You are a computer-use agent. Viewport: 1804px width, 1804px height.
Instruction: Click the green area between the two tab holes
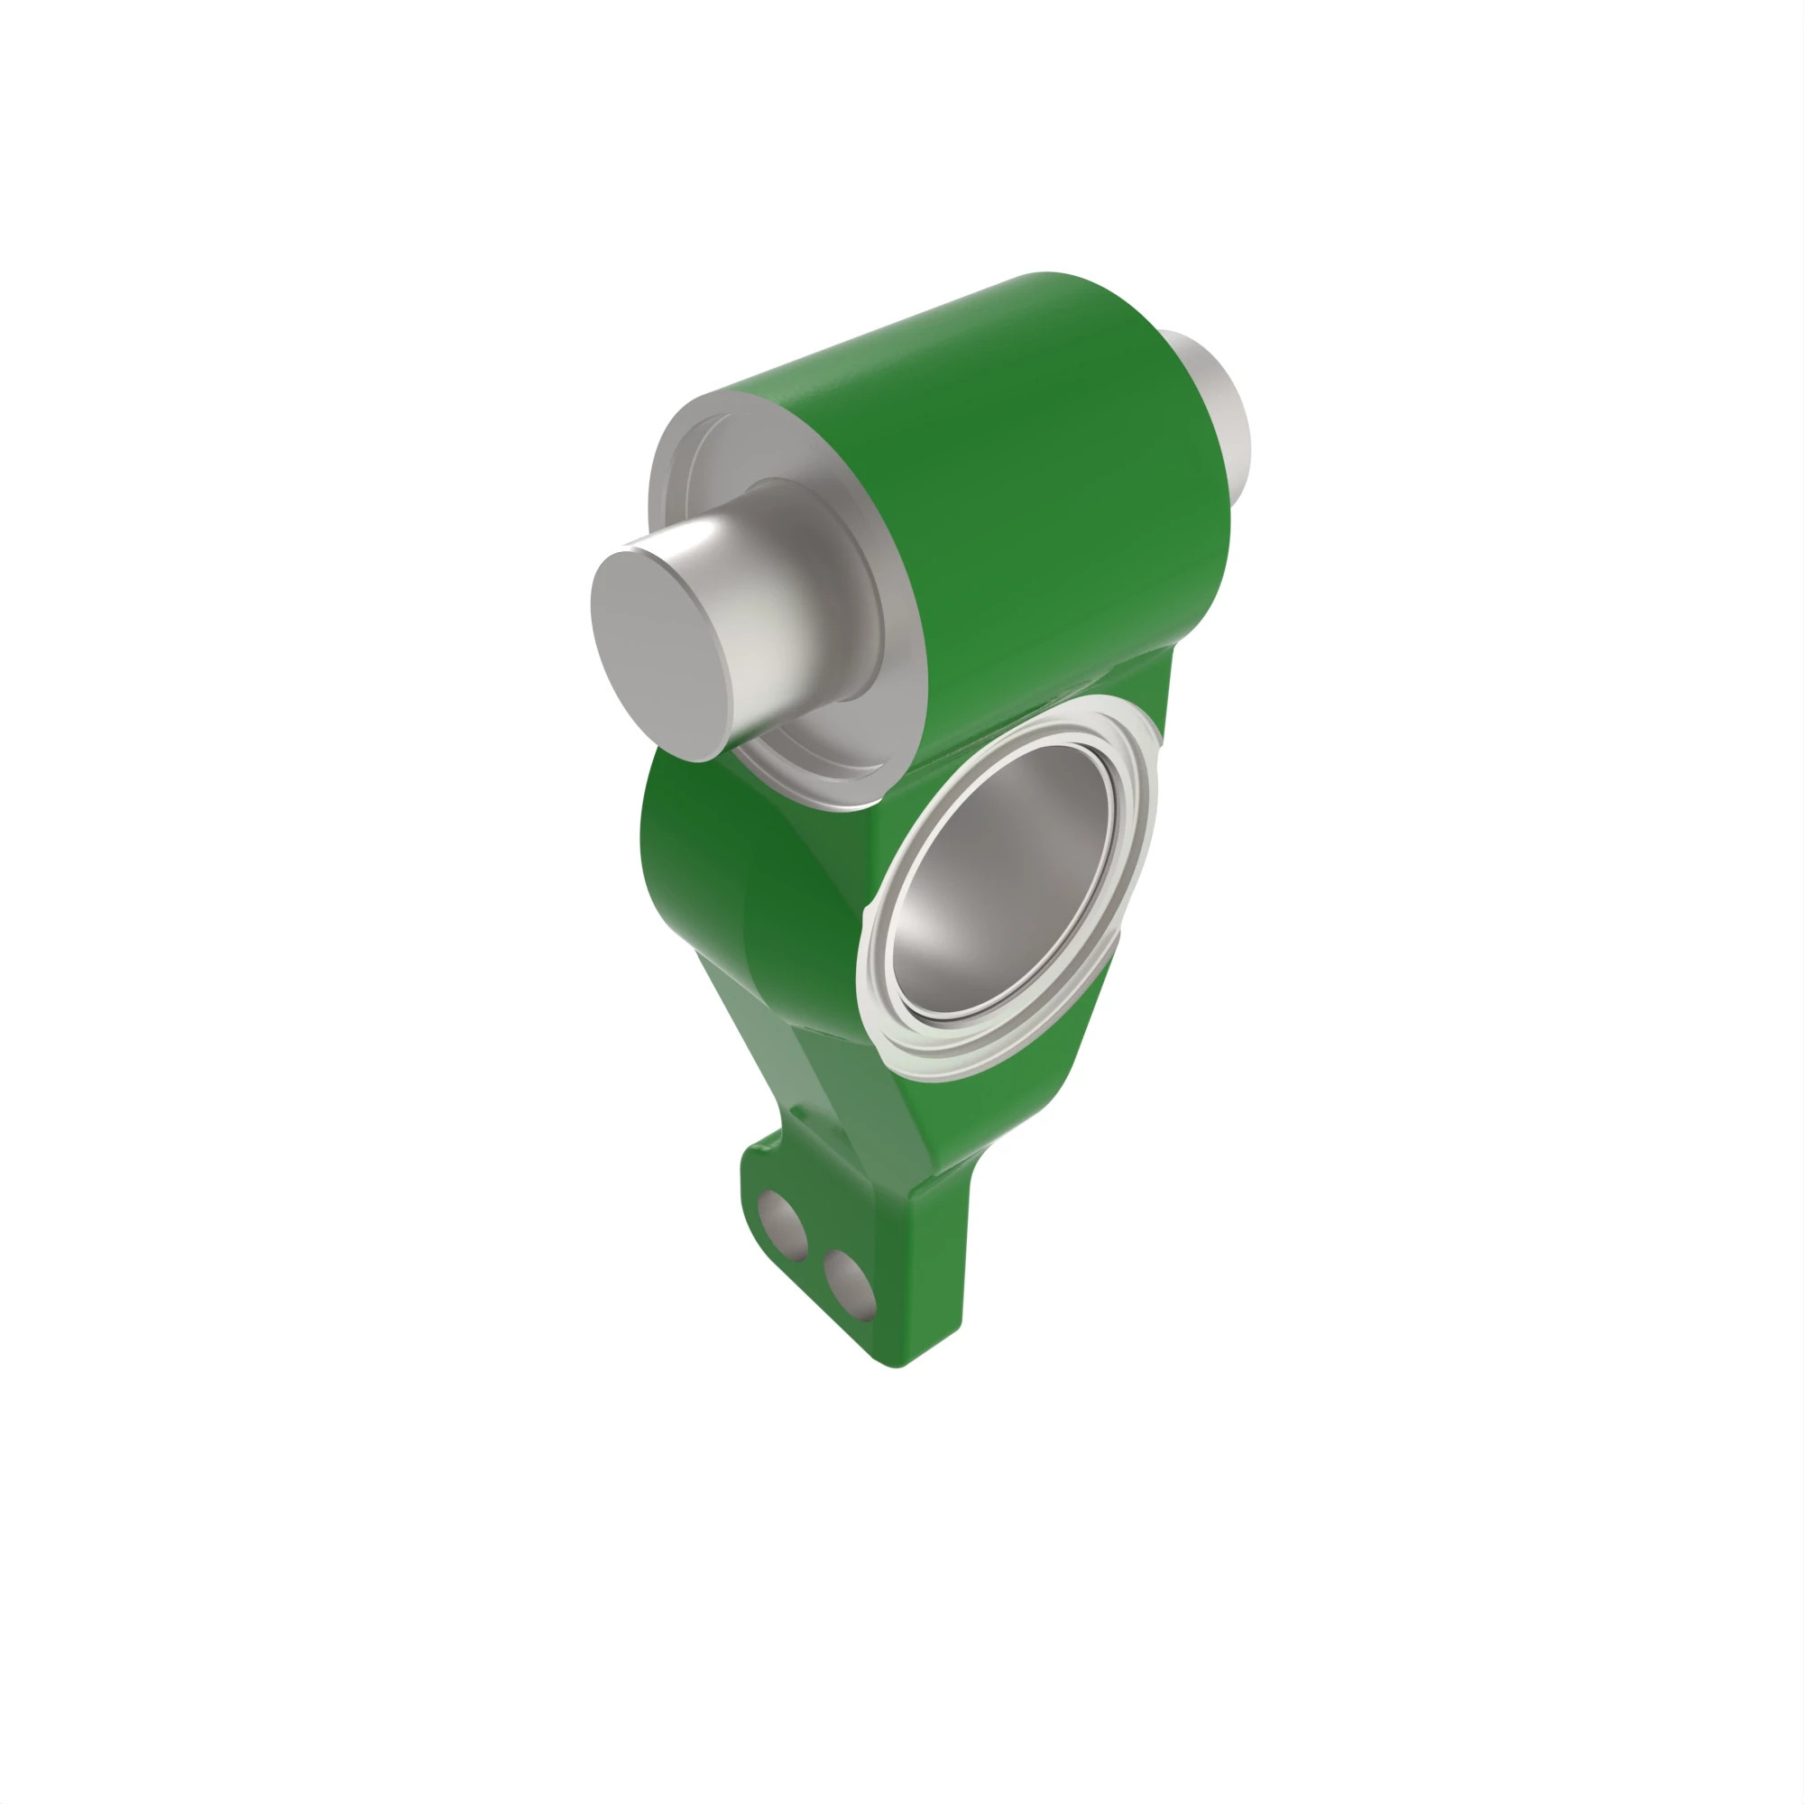(813, 1256)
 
